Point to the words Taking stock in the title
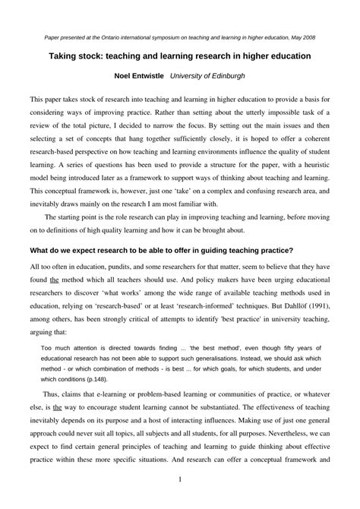coord(81,56)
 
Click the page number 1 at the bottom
coord(179,480)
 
